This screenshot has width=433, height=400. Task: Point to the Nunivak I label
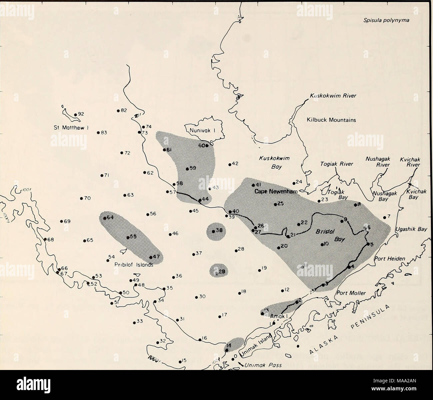click(x=204, y=130)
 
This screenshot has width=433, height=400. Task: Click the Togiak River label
click(x=334, y=164)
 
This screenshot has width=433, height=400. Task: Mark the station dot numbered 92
click(x=76, y=115)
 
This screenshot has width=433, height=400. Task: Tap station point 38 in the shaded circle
click(x=213, y=231)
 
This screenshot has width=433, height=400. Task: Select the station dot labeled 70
click(x=81, y=199)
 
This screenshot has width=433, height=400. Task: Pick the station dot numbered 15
click(x=180, y=361)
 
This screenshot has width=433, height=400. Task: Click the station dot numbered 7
click(x=384, y=217)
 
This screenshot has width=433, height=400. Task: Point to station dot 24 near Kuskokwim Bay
click(x=294, y=183)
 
